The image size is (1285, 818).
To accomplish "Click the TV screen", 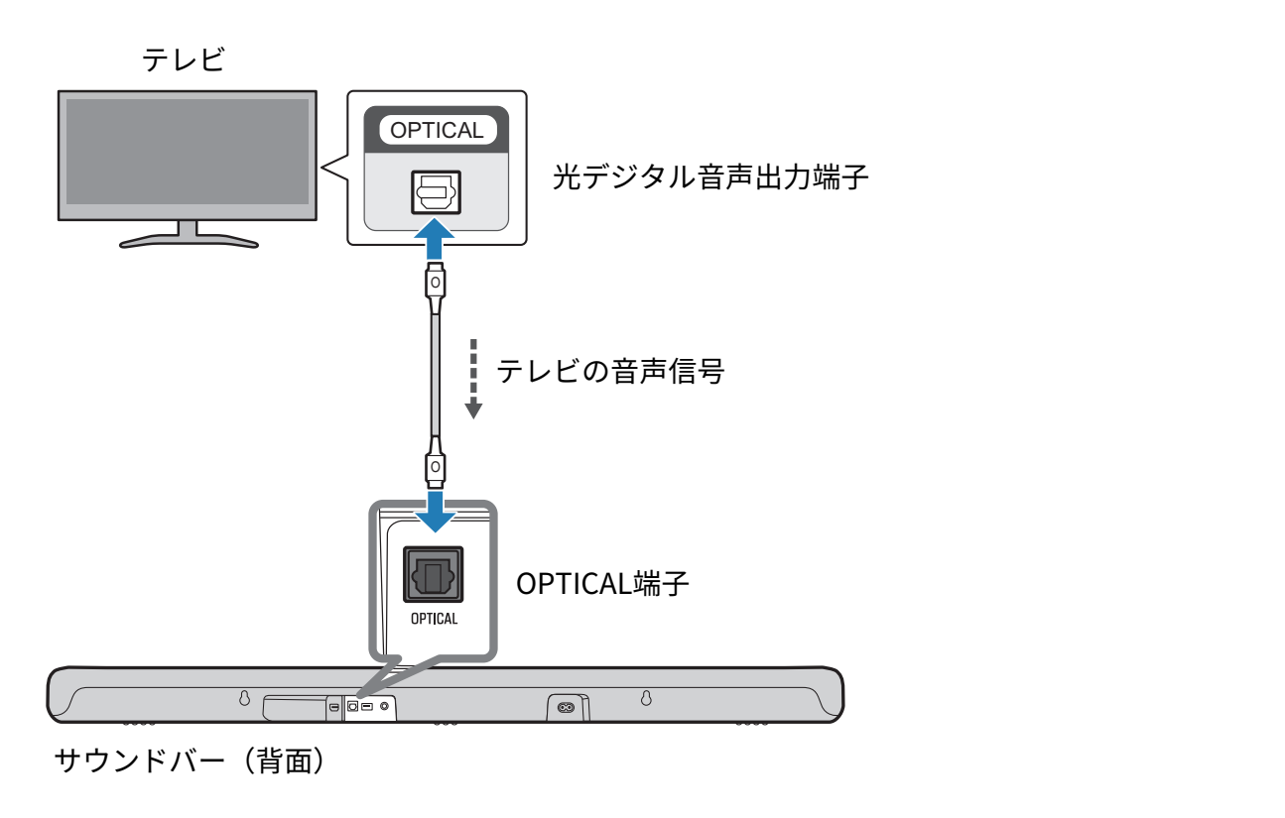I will tap(188, 151).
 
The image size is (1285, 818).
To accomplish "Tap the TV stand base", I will tap(189, 241).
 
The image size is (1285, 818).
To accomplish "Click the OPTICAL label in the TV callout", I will tap(437, 130).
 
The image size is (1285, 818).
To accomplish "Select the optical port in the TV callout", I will tap(437, 191).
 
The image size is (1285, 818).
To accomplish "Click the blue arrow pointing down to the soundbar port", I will tap(435, 510).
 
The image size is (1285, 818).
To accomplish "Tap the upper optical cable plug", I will tap(435, 285).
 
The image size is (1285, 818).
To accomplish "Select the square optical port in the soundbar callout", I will tap(434, 575).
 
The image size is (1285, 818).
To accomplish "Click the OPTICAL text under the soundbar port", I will tap(435, 619).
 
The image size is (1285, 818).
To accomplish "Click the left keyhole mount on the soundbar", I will tap(245, 698).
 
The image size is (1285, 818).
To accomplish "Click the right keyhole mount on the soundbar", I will tap(646, 698).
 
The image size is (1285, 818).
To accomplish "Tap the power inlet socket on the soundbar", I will tap(566, 708).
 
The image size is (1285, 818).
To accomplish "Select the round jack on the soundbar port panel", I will tap(385, 707).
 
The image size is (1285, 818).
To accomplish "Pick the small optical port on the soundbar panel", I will tap(352, 707).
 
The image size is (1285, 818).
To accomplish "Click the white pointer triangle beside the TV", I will tap(336, 169).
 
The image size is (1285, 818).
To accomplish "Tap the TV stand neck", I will tap(188, 228).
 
